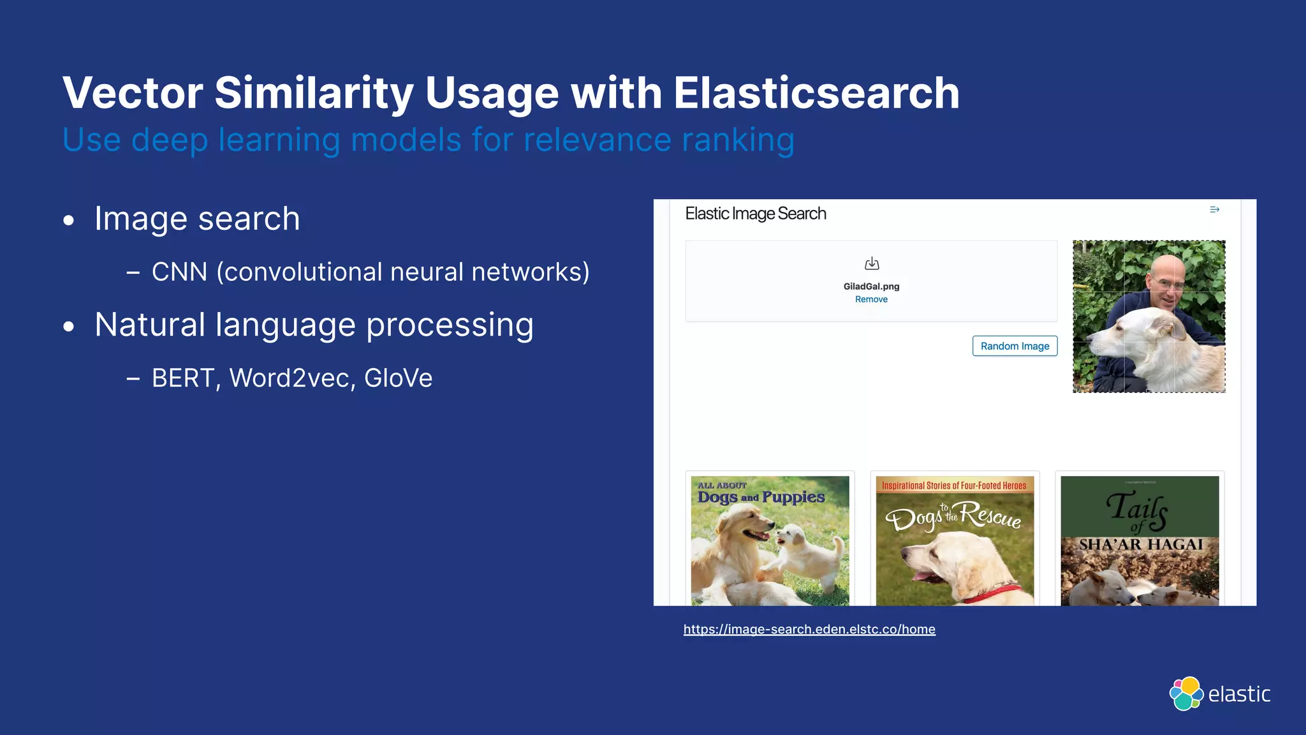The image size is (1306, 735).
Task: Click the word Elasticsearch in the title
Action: point(816,93)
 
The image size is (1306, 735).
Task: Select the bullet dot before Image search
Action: point(69,221)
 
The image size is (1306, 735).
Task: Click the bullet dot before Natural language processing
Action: point(69,327)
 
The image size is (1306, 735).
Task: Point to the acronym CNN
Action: point(179,272)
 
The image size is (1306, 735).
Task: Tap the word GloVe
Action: point(398,378)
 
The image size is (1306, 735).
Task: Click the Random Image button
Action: point(1015,346)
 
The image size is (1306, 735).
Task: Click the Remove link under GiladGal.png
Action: point(871,299)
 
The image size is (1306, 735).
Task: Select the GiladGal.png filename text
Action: point(871,286)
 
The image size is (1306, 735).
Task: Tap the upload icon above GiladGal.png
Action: point(872,264)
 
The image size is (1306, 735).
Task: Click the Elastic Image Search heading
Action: point(755,214)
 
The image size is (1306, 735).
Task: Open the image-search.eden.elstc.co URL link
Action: point(809,630)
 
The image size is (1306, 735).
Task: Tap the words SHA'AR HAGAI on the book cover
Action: point(1140,545)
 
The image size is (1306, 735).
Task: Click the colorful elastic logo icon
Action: point(1185,694)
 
